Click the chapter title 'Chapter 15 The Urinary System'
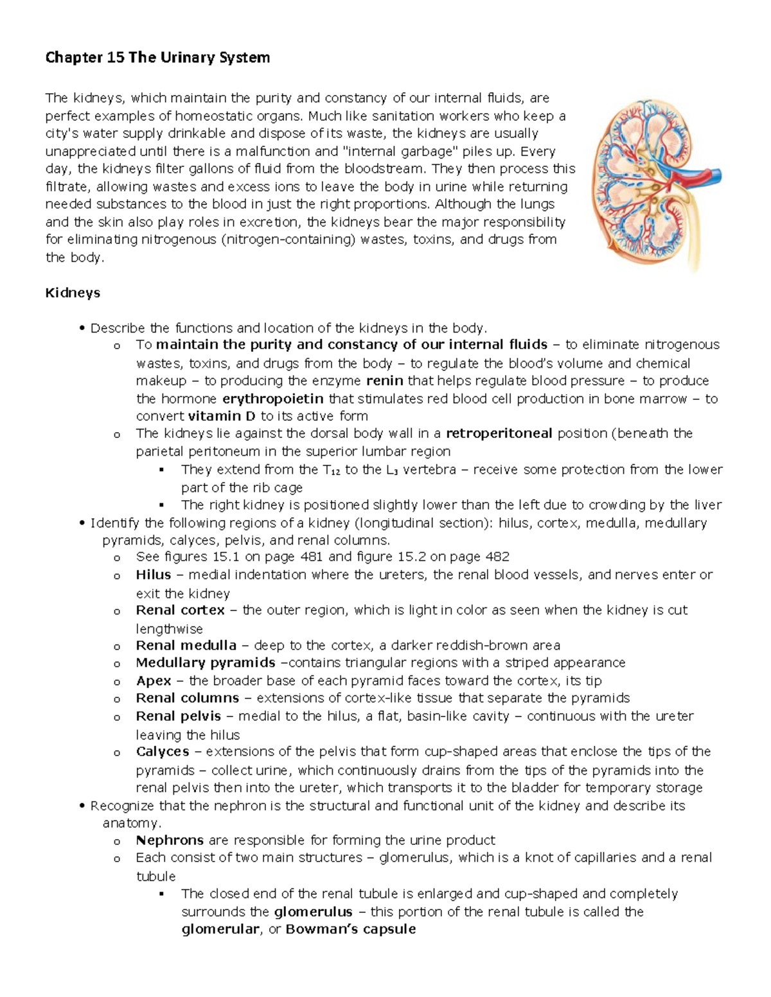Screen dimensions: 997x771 pyautogui.click(x=157, y=58)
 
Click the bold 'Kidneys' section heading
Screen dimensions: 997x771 pyautogui.click(x=73, y=293)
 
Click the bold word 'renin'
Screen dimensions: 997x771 pyautogui.click(x=384, y=381)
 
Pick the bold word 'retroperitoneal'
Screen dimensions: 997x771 pyautogui.click(x=499, y=433)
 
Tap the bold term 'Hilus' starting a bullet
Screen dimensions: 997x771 pyautogui.click(x=153, y=575)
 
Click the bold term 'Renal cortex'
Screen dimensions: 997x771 pyautogui.click(x=180, y=610)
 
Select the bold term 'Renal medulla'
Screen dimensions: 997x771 pyautogui.click(x=186, y=645)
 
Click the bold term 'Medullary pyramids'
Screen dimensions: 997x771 pyautogui.click(x=206, y=663)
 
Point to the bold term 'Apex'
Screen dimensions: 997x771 pyautogui.click(x=153, y=681)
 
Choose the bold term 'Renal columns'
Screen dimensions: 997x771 pyautogui.click(x=187, y=698)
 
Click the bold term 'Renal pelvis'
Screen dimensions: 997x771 pyautogui.click(x=178, y=716)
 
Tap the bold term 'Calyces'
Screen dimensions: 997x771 pyautogui.click(x=162, y=751)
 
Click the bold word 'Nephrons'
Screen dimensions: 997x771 pyautogui.click(x=170, y=840)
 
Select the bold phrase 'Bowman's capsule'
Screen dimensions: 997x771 pyautogui.click(x=351, y=929)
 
